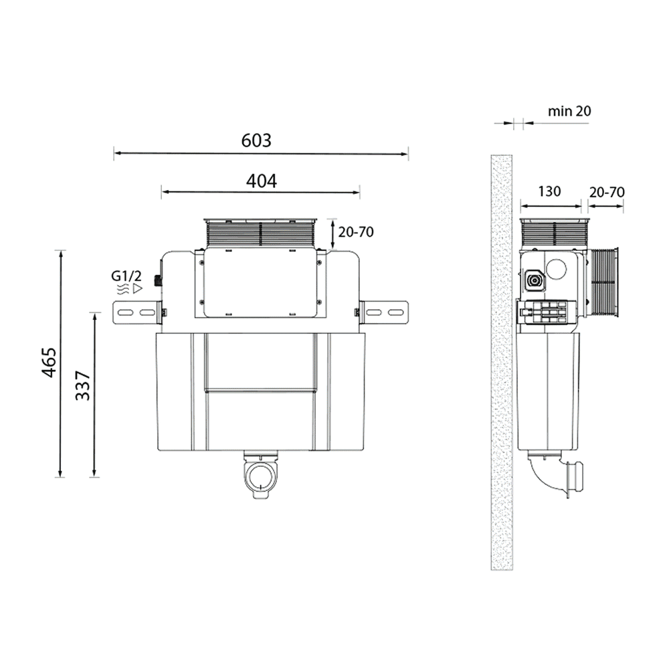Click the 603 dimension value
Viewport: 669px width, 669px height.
pyautogui.click(x=256, y=140)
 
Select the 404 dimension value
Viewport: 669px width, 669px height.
pyautogui.click(x=260, y=180)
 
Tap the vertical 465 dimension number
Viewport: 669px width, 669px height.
pyautogui.click(x=48, y=363)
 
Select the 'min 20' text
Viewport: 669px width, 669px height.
pyautogui.click(x=569, y=111)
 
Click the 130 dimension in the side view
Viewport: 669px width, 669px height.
pyautogui.click(x=549, y=192)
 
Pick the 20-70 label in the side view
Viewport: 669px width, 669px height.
pyautogui.click(x=606, y=192)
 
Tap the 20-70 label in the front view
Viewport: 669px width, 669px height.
pyautogui.click(x=356, y=232)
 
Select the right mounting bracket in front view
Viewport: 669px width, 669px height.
pyautogui.click(x=384, y=312)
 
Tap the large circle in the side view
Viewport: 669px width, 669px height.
pyautogui.click(x=557, y=269)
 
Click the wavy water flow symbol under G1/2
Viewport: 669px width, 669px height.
pyautogui.click(x=123, y=289)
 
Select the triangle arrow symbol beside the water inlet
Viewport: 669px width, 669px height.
pyautogui.click(x=138, y=289)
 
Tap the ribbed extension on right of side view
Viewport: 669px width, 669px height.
pyautogui.click(x=606, y=282)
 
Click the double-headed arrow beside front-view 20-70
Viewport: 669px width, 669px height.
pyautogui.click(x=332, y=234)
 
